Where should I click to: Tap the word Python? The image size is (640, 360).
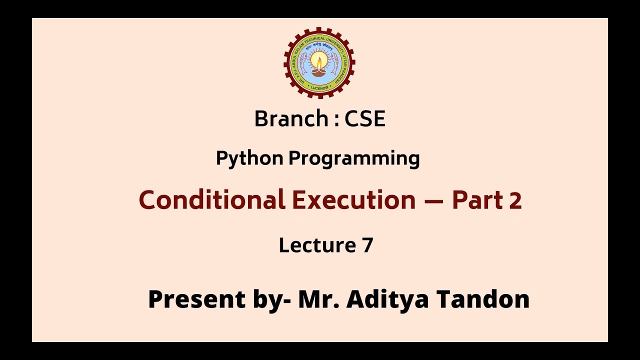[x=249, y=158]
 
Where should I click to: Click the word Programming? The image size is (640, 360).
[x=354, y=158]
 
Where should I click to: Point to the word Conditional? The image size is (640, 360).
[x=212, y=200]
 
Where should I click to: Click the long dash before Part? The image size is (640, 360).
[x=433, y=200]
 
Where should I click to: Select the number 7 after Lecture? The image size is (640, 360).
[x=367, y=245]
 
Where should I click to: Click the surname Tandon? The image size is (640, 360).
[x=483, y=299]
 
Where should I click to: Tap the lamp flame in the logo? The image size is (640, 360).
[x=319, y=61]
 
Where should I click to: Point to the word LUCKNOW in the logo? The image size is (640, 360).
[x=319, y=87]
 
